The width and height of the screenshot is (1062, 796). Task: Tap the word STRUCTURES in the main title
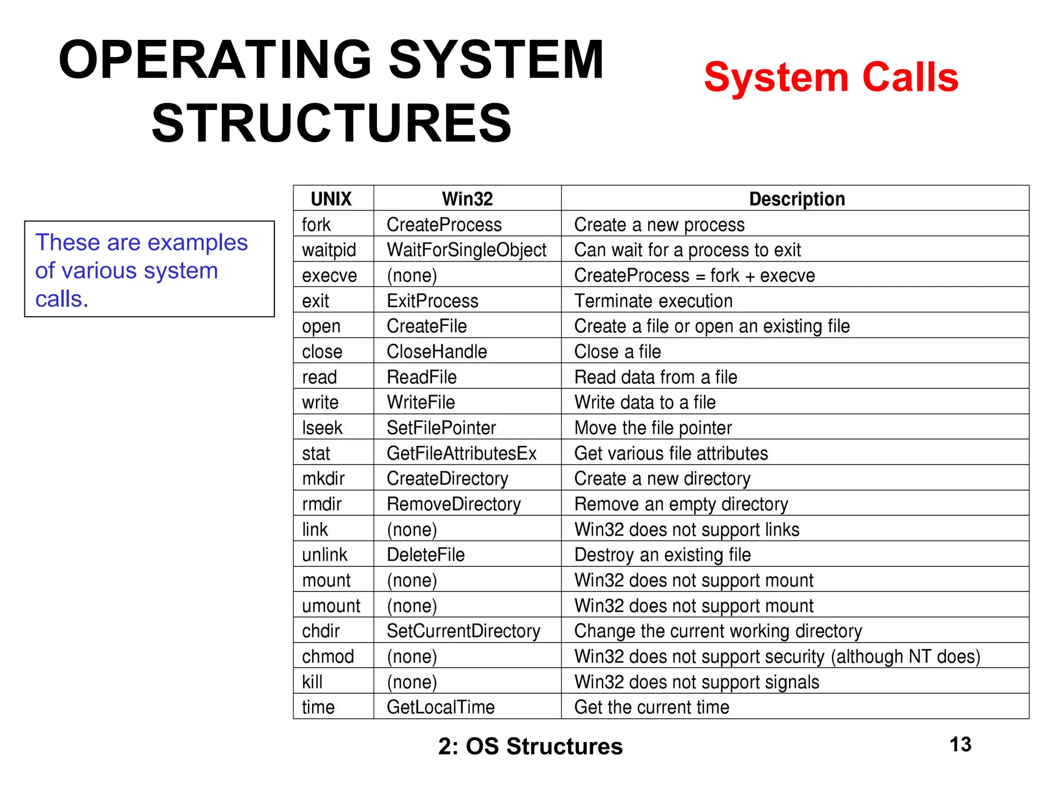[x=332, y=123]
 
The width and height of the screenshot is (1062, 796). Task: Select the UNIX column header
[x=331, y=198]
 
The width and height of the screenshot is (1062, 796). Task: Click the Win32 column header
[x=467, y=198]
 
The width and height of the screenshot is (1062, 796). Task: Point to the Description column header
[x=796, y=198]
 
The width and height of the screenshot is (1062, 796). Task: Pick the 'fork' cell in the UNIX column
[x=316, y=224]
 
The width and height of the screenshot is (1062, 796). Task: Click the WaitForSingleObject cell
[x=466, y=250]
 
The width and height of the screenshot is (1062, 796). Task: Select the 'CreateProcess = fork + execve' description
[x=694, y=275]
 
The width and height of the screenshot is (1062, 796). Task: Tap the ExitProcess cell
[x=432, y=301]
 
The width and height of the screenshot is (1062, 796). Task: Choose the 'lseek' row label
[x=322, y=428]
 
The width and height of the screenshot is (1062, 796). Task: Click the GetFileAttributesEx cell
[x=462, y=453]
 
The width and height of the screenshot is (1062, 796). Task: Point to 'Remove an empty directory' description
[x=681, y=504]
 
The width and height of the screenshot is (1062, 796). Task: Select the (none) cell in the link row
[x=412, y=529]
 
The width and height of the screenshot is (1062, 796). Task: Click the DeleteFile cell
[x=426, y=555]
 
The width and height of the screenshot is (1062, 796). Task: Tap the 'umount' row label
[x=331, y=605]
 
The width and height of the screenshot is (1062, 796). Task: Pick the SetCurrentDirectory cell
[x=464, y=631]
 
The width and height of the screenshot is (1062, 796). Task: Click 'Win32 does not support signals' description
[x=696, y=681]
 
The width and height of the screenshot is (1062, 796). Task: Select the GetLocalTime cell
[x=441, y=707]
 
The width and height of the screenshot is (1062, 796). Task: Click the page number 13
[x=960, y=745]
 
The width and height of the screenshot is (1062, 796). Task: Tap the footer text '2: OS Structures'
[x=530, y=746]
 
